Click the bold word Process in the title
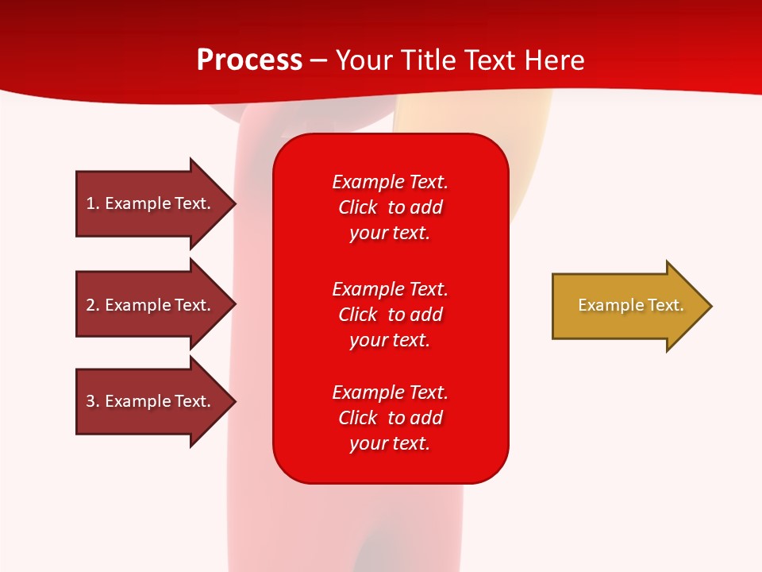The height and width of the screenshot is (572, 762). tap(249, 60)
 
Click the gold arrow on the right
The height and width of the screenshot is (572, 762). tap(632, 306)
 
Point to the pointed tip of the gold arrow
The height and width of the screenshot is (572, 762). tap(712, 306)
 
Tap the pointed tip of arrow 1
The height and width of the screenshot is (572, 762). tap(236, 204)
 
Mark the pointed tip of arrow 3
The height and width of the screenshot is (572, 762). tap(236, 402)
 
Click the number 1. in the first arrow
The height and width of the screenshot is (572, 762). tap(93, 203)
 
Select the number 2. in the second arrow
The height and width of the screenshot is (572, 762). tap(93, 305)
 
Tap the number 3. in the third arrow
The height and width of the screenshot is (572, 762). tap(93, 400)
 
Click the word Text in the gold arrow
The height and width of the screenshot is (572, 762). tap(666, 305)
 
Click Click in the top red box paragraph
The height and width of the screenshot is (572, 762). tap(358, 207)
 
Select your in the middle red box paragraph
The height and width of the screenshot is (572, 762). tap(367, 341)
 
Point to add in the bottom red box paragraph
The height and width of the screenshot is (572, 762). tap(425, 418)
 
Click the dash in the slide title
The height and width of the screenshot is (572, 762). tap(318, 61)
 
